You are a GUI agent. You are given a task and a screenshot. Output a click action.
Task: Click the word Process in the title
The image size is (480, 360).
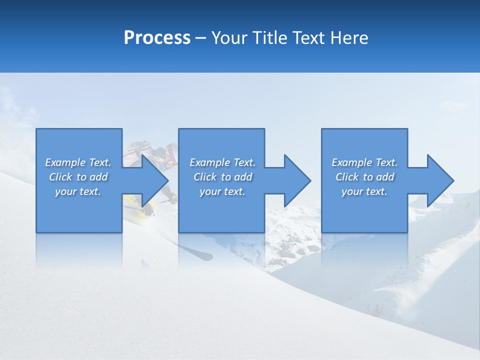(x=157, y=37)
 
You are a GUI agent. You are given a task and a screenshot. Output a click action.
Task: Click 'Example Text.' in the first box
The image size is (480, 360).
(x=78, y=162)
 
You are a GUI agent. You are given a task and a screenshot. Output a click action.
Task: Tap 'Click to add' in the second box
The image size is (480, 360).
(x=222, y=177)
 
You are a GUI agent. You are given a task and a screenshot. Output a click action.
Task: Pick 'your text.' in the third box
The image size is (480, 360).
(x=364, y=191)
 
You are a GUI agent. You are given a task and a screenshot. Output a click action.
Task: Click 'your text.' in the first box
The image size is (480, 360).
(x=78, y=191)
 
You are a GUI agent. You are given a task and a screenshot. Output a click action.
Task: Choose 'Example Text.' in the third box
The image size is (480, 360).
(x=364, y=162)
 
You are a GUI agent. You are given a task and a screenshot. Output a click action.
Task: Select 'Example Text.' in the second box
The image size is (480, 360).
(x=222, y=162)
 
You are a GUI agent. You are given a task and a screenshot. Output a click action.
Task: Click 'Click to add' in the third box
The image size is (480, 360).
(x=364, y=177)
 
